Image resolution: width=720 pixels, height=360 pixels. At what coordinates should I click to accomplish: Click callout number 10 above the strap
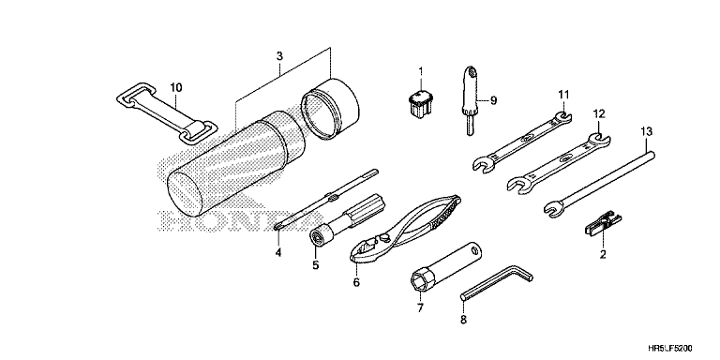[x=176, y=87]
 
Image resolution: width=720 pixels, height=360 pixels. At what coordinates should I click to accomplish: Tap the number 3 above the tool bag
[x=279, y=56]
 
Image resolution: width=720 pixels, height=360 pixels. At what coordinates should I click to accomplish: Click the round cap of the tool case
[x=331, y=109]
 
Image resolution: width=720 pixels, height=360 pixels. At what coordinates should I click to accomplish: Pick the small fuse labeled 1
[x=420, y=103]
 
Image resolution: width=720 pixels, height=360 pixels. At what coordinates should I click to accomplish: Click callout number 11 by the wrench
[x=563, y=94]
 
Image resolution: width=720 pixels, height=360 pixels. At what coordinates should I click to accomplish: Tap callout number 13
[x=646, y=132]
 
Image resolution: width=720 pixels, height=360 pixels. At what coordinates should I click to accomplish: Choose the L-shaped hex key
[x=498, y=284]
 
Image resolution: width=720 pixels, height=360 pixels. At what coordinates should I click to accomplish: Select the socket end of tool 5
[x=318, y=236]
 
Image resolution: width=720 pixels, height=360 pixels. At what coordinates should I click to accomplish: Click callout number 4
[x=278, y=252]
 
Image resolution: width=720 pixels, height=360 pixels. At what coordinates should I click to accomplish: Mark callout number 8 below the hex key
[x=463, y=319]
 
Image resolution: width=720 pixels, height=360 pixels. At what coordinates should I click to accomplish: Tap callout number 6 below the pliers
[x=356, y=282]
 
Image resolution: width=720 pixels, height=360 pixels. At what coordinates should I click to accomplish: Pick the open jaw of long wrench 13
[x=552, y=207]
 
